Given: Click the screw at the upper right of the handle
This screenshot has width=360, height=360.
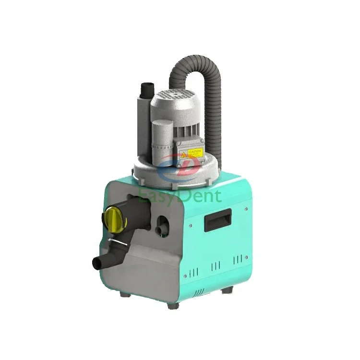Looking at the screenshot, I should (246, 208).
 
